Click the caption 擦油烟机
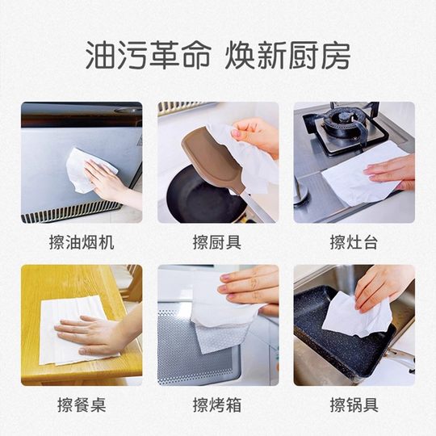point(81,242)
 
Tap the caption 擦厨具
point(217,242)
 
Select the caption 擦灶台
point(354,242)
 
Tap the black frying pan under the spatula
point(194,198)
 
